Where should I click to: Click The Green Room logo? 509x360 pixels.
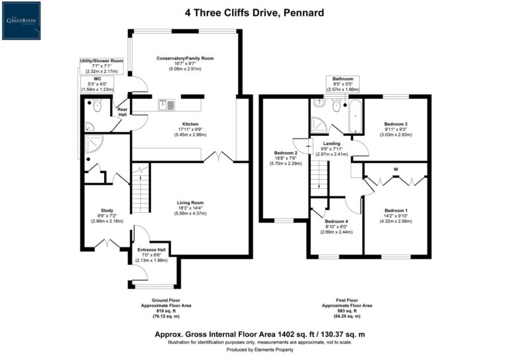[21, 20]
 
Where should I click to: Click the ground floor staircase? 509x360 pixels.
[140, 191]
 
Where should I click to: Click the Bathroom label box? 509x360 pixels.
[343, 84]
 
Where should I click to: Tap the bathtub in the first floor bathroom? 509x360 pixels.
[355, 117]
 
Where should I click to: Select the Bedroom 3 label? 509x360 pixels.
[396, 124]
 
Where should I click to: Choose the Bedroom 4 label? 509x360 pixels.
[337, 221]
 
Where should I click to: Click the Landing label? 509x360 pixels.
[331, 143]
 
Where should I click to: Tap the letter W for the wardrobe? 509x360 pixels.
[396, 169]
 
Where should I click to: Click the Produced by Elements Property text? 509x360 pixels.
[255, 349]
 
